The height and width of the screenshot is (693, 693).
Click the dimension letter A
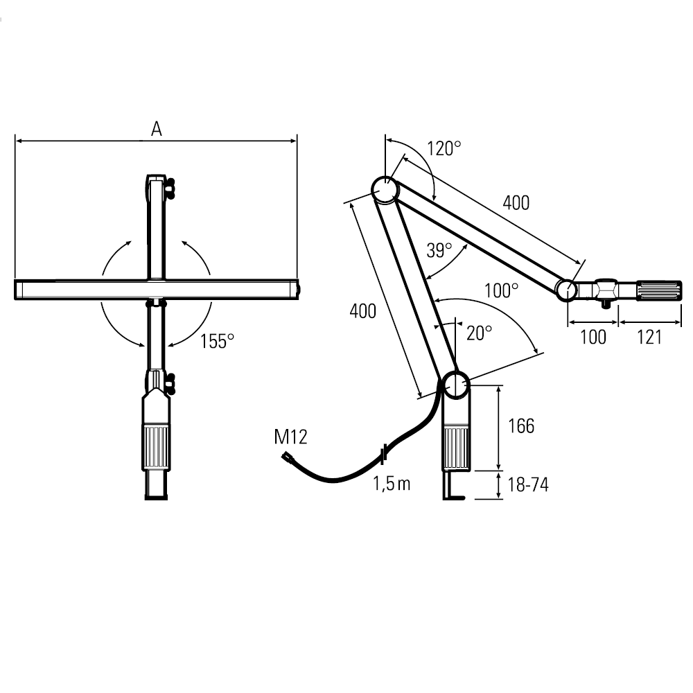157,129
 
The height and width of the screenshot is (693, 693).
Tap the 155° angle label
217,341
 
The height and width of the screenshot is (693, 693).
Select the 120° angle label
444,148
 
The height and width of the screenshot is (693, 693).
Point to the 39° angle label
439,250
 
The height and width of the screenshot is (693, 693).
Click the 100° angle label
501,290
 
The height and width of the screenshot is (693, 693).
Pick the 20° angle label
479,333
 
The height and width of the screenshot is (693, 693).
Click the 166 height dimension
521,426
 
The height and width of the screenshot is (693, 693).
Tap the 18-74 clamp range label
527,485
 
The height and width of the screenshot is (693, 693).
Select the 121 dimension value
649,337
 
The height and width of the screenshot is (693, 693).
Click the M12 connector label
290,437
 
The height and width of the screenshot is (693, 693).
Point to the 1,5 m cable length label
392,484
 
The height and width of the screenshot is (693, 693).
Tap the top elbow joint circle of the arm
385,190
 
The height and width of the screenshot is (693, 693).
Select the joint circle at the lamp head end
566,290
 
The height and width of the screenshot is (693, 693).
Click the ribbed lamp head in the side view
658,290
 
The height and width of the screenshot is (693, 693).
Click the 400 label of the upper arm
516,203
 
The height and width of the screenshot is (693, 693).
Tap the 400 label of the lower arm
363,311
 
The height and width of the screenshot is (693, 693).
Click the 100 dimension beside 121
593,337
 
